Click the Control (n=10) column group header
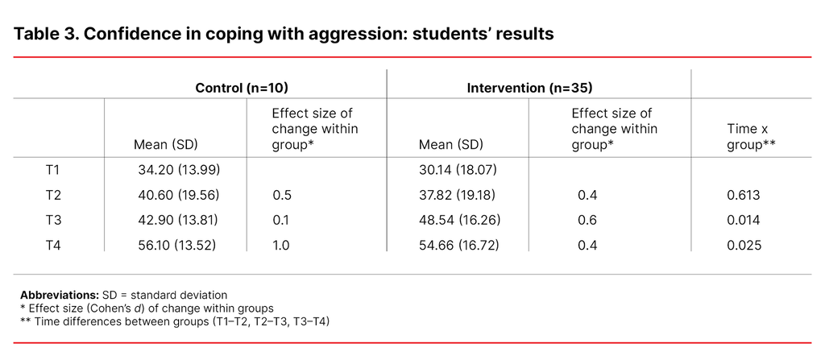pyautogui.click(x=242, y=87)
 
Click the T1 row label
pyautogui.click(x=54, y=170)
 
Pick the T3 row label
pyautogui.click(x=54, y=220)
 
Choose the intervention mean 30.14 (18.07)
pyautogui.click(x=454, y=170)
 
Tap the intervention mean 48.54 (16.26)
pyautogui.click(x=454, y=220)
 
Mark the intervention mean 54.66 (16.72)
pyautogui.click(x=454, y=245)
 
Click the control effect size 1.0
pyautogui.click(x=281, y=245)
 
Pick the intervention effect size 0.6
pyautogui.click(x=587, y=220)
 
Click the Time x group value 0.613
pyautogui.click(x=744, y=195)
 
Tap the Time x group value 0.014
pyautogui.click(x=744, y=220)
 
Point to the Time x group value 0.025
pyautogui.click(x=744, y=245)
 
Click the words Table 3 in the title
pyautogui.click(x=44, y=35)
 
